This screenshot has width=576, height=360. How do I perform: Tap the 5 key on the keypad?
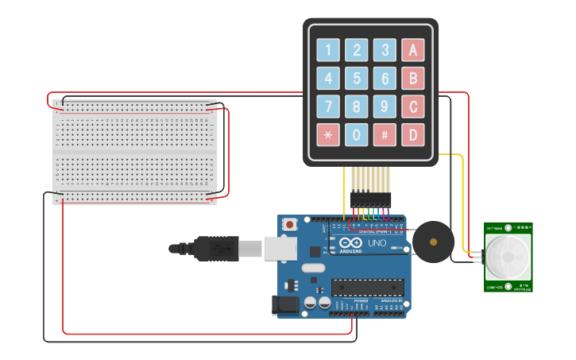coord(357,78)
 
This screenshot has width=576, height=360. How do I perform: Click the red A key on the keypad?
coord(412,50)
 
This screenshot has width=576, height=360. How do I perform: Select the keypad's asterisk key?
coord(328,134)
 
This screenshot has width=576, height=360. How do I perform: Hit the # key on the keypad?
coord(385,134)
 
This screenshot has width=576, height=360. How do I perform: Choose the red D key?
coord(412,134)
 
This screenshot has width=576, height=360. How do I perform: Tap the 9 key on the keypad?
coord(385,106)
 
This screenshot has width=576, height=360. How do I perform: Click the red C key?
coord(412,106)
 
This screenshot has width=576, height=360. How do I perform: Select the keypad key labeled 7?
coord(328,106)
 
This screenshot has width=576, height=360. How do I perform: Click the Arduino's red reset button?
coord(290,225)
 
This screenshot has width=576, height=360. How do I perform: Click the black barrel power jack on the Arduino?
coord(282,304)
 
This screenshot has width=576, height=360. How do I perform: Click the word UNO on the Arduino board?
coord(377,242)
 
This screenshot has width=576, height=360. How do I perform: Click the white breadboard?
coord(134,150)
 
